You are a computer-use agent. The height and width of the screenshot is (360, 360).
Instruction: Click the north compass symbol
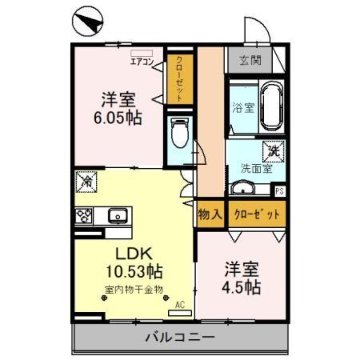[88, 22]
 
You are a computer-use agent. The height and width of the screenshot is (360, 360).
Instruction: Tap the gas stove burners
[84, 216]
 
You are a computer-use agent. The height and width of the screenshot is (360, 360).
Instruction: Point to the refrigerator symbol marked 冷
[85, 181]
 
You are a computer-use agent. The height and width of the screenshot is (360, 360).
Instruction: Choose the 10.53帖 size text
[134, 271]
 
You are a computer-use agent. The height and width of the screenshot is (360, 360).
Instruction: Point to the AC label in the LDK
[180, 305]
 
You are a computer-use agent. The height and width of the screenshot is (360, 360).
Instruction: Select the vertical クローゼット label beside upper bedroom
[179, 79]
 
